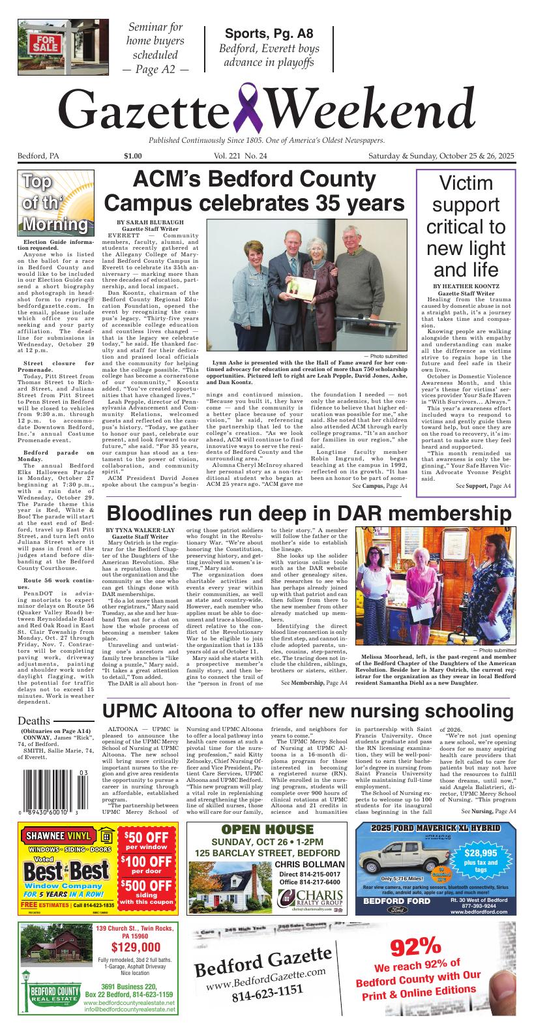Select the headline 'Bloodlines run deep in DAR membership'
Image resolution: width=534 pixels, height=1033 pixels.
(309, 513)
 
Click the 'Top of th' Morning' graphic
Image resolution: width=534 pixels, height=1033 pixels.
(56, 203)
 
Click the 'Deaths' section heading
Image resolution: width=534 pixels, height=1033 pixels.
(34, 721)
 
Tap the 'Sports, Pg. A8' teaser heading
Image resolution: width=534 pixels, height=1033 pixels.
(269, 35)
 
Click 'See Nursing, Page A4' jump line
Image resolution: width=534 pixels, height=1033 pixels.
(488, 811)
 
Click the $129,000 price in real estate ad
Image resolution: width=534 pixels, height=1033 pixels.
(135, 948)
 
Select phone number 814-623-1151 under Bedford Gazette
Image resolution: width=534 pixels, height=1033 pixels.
(267, 991)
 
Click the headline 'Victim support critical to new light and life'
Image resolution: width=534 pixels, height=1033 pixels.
(466, 226)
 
